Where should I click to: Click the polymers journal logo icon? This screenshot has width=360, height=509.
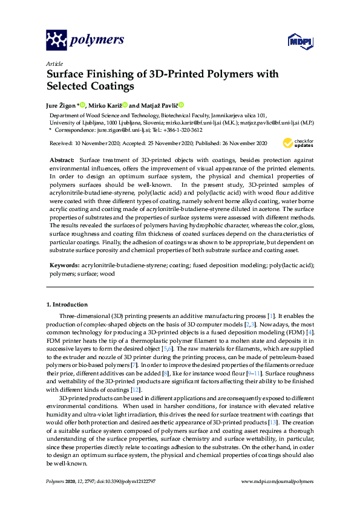pos(56,40)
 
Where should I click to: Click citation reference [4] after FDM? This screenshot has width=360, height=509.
pos(310,333)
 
